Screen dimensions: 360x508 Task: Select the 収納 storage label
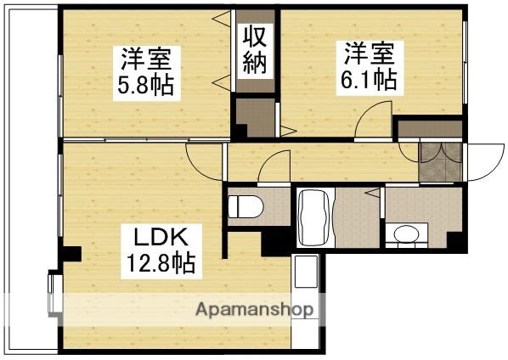tap(256, 52)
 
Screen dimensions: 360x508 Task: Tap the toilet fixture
tap(244, 205)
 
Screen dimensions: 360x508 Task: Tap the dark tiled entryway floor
tap(440, 160)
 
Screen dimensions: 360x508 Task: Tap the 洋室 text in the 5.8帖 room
tap(145, 59)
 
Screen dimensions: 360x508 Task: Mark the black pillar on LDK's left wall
tap(73, 253)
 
